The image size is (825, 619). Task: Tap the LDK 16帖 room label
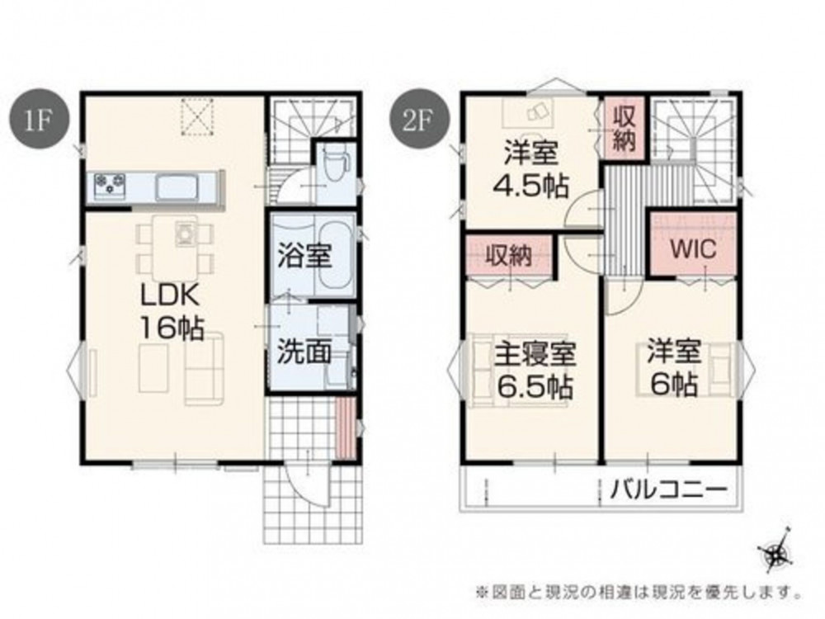pyautogui.click(x=170, y=312)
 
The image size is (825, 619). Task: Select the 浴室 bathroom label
pyautogui.click(x=304, y=256)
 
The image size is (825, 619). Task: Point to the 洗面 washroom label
pyautogui.click(x=304, y=352)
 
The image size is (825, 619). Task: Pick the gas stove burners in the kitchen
pyautogui.click(x=110, y=185)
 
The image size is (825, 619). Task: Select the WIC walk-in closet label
pyautogui.click(x=693, y=249)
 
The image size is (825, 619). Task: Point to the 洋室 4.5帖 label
pyautogui.click(x=530, y=169)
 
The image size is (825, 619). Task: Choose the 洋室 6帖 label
pyautogui.click(x=674, y=368)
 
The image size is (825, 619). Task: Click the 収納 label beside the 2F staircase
pyautogui.click(x=624, y=129)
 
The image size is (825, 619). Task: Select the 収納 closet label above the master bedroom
pyautogui.click(x=507, y=256)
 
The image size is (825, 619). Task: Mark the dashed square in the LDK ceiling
pyautogui.click(x=199, y=117)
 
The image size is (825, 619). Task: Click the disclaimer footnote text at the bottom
pyautogui.click(x=639, y=592)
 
